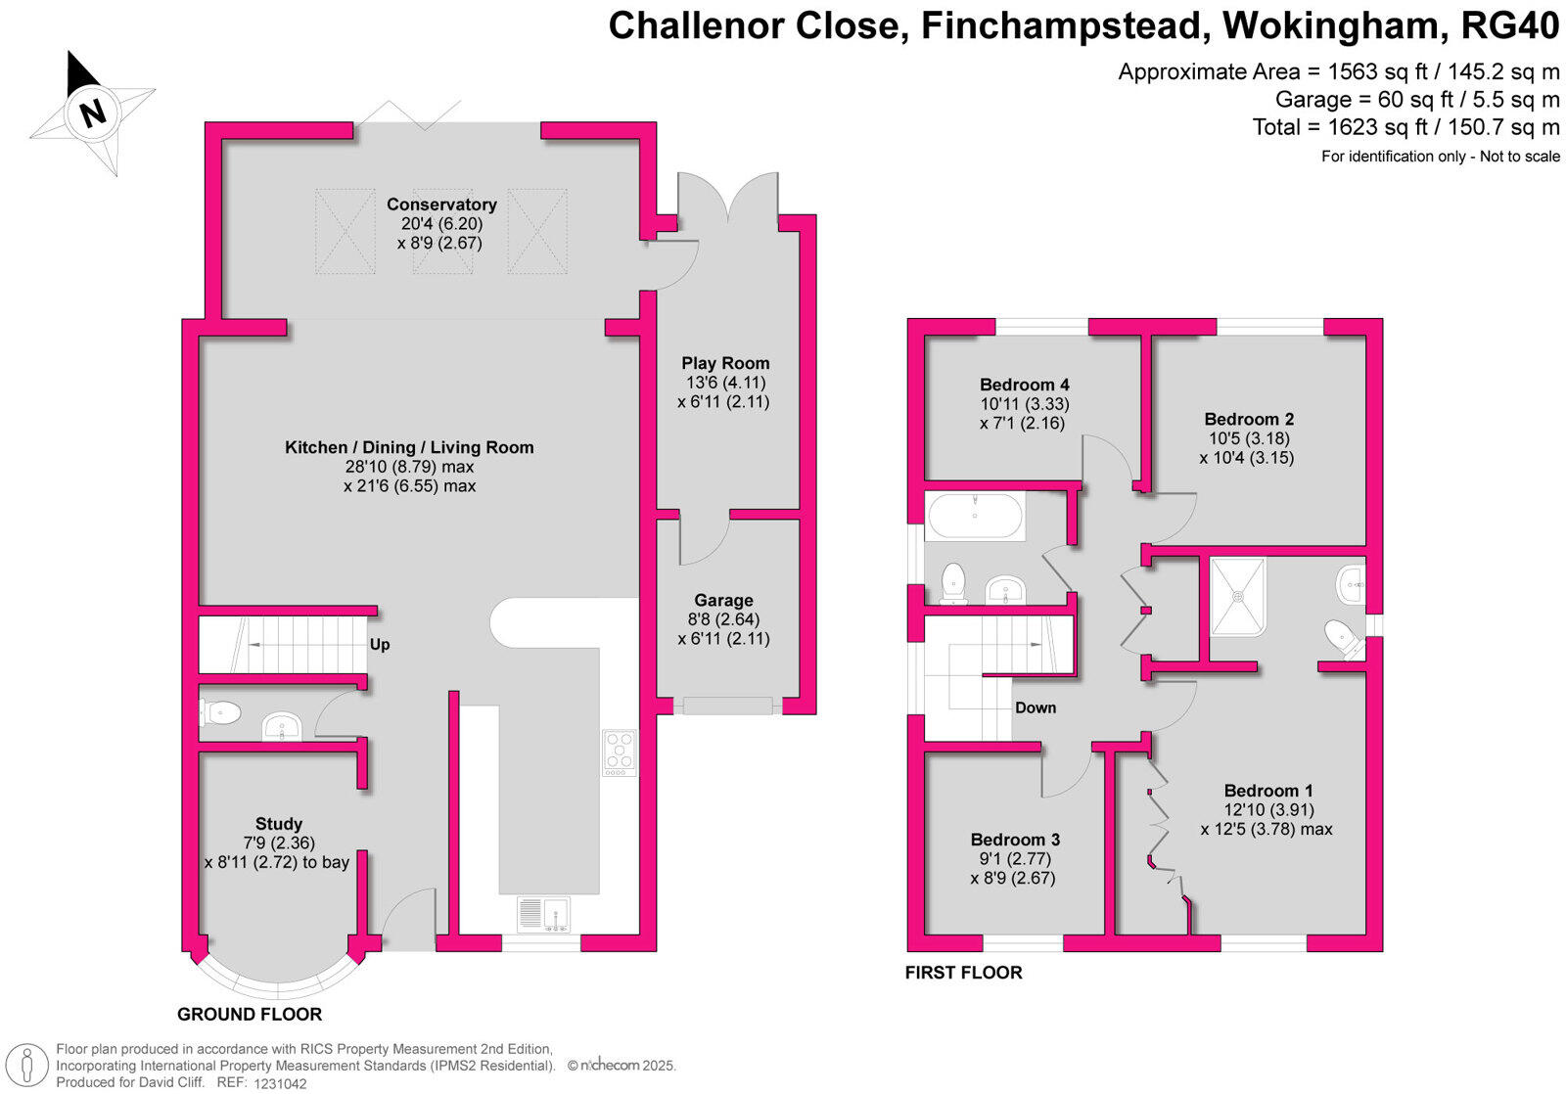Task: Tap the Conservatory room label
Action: (x=441, y=205)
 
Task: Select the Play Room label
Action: (x=725, y=363)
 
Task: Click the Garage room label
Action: (x=723, y=601)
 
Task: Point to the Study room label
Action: (x=278, y=824)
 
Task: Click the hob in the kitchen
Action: (x=619, y=753)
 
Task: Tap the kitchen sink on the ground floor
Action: (x=544, y=914)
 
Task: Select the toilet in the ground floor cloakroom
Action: (x=222, y=712)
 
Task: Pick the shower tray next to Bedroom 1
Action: (x=1238, y=596)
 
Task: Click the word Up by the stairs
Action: (x=380, y=645)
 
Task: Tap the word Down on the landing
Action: (x=1036, y=707)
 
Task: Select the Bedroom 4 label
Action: (x=1018, y=385)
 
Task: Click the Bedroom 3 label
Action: (x=1015, y=840)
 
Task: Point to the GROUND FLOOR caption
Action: (x=250, y=1015)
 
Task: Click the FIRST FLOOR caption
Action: (x=963, y=973)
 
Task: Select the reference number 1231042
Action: (x=280, y=1083)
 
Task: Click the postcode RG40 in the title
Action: (x=1508, y=26)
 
